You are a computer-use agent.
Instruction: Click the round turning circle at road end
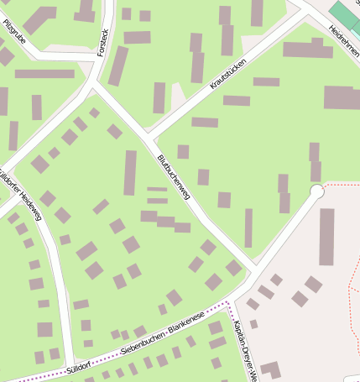tap(317, 192)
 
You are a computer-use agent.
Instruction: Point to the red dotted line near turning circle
tap(340, 183)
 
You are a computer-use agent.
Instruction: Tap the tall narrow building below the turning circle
tap(326, 237)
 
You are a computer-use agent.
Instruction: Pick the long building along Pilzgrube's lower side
tap(44, 74)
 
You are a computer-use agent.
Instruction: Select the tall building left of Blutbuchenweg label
tap(130, 172)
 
